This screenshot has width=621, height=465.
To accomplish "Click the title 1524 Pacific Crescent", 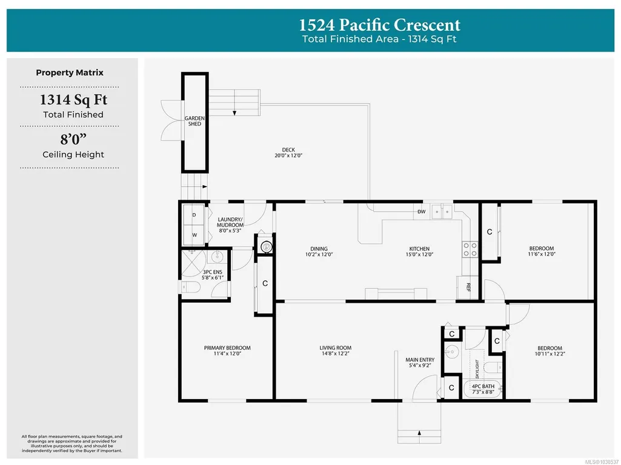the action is coord(379,25).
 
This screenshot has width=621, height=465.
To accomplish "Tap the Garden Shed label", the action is coord(194,121).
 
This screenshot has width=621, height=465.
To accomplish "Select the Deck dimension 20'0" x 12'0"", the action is coord(288,156).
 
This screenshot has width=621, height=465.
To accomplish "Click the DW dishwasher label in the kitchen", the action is coord(422,212).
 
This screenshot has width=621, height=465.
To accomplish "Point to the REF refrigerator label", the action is coord(468,288).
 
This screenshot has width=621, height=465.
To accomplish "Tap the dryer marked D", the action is coord(194,215).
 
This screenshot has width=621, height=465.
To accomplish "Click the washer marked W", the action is coord(194,235).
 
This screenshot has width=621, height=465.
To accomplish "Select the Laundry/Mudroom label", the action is coord(230,222).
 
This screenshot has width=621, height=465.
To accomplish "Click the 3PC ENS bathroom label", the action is coord(213,272).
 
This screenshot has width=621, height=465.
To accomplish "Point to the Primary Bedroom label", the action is coord(227,348).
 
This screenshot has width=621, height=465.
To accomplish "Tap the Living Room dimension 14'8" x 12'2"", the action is coord(336,354).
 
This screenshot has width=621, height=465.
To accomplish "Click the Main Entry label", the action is coord(420,360).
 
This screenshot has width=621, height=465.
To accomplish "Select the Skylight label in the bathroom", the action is coord(477,369).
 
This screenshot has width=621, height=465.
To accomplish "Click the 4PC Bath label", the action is coord(483,386).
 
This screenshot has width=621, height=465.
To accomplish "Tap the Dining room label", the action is coord(319,249).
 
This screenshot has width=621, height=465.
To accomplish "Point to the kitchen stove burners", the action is coord(470,249).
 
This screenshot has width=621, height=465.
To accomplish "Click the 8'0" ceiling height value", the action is coord(73,139).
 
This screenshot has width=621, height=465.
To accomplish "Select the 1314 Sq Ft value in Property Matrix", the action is coord(73,99).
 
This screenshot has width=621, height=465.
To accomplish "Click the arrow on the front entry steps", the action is coord(419,432).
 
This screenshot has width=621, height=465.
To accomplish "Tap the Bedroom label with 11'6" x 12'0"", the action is coord(542,248).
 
